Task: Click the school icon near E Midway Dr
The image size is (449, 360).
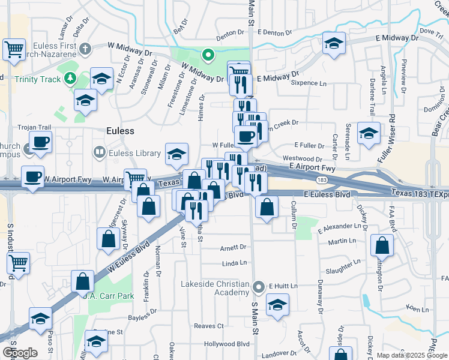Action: click(334, 44)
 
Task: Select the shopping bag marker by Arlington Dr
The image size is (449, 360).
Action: click(382, 245)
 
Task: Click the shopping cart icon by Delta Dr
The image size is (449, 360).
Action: click(14, 50)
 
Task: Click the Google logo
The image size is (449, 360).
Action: click(20, 353)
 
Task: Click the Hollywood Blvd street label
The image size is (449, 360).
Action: click(226, 344)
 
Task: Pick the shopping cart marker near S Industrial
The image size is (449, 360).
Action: click(19, 263)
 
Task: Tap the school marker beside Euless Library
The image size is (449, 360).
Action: click(176, 155)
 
